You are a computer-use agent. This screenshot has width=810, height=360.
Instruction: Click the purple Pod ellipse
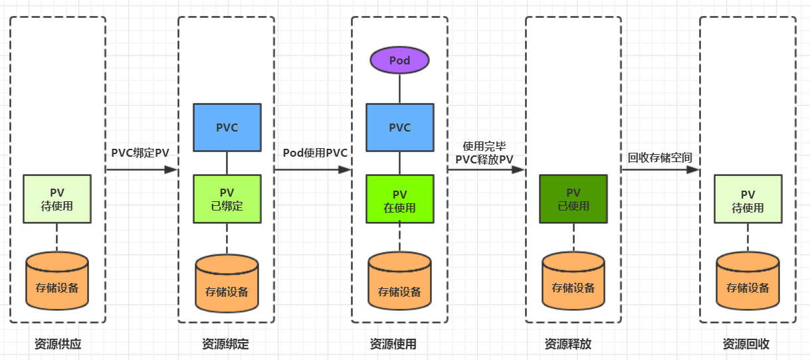point(399,60)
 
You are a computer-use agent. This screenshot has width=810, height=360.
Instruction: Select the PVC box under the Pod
point(399,128)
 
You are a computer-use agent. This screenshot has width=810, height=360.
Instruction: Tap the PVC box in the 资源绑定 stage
point(227,128)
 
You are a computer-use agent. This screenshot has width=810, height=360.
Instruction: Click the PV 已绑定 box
point(227,199)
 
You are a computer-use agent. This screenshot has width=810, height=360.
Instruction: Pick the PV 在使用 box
point(399,199)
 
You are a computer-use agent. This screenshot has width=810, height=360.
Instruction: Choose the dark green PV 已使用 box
point(573,199)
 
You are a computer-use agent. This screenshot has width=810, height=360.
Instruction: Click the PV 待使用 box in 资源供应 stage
point(57,199)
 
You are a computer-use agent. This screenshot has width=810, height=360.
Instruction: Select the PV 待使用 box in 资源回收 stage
point(748,199)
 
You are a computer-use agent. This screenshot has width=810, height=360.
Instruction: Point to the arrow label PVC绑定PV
point(140,152)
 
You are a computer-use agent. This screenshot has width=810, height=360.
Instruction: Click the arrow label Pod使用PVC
point(315,152)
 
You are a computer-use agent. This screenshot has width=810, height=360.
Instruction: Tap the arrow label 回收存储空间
point(660,157)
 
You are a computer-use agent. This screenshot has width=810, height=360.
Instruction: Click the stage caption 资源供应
point(58,344)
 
